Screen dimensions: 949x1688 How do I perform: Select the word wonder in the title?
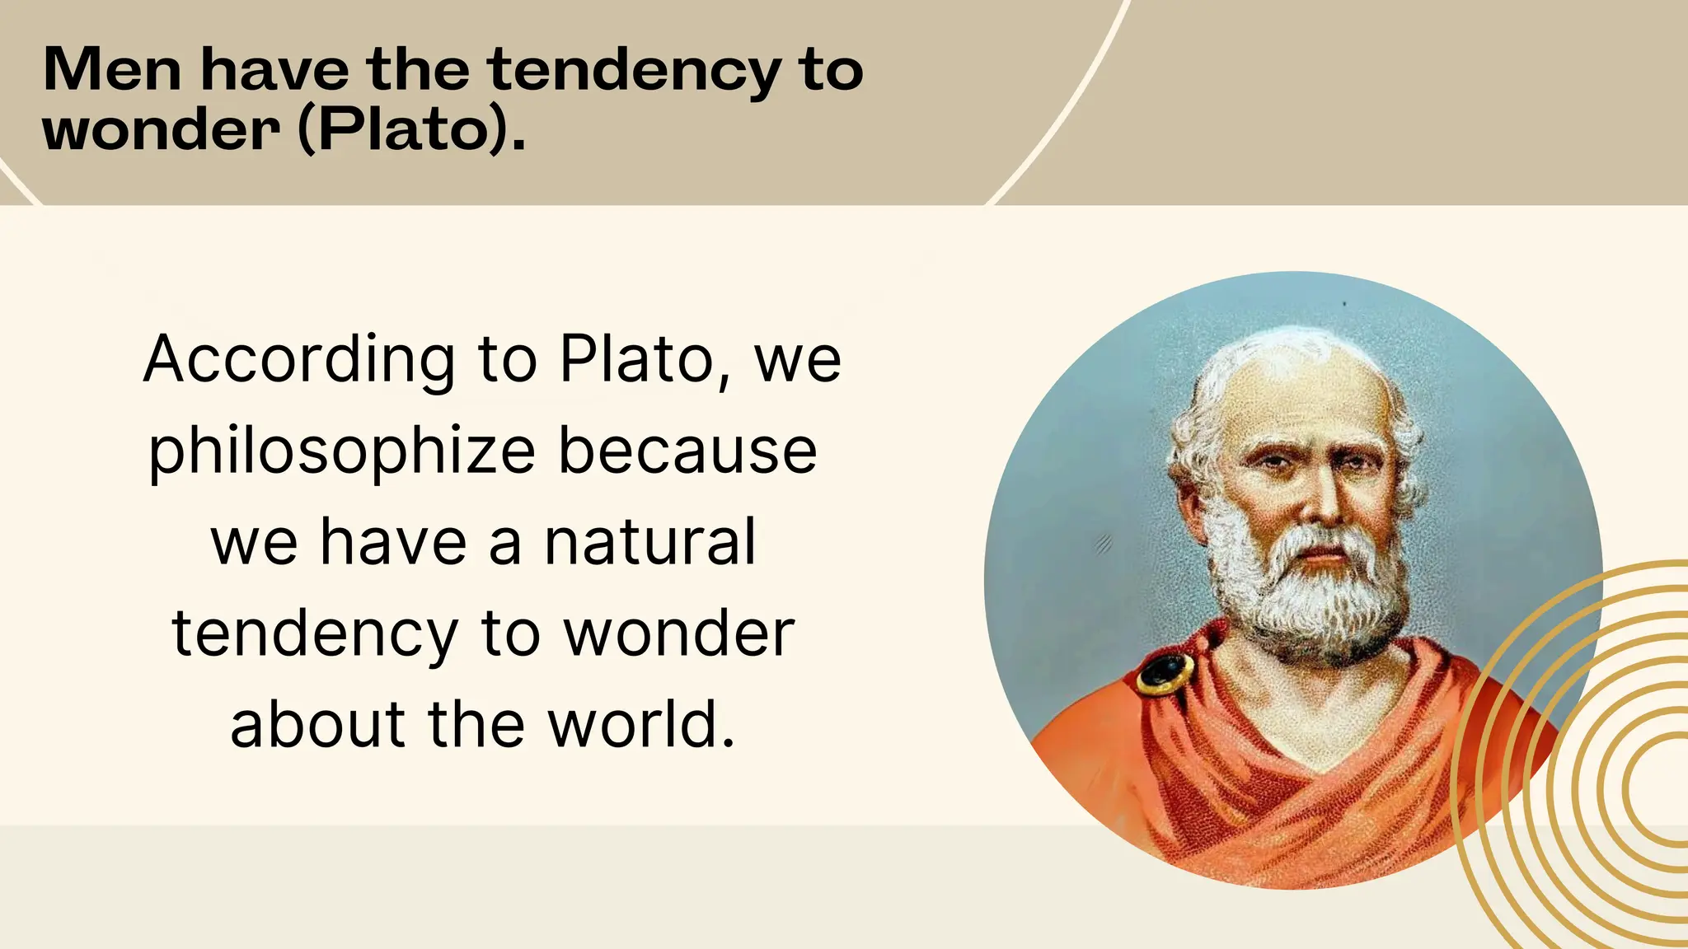tap(161, 130)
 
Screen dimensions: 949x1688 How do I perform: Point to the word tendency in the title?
tap(633, 71)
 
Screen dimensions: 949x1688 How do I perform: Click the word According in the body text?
tap(299, 360)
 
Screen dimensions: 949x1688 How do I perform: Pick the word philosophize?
tap(342, 452)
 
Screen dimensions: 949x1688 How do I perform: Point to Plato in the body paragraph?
tap(636, 360)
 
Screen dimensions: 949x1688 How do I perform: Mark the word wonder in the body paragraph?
tap(679, 634)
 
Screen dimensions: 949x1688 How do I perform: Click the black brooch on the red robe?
tap(1165, 673)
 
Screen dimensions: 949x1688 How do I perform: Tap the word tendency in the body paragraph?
tap(315, 634)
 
